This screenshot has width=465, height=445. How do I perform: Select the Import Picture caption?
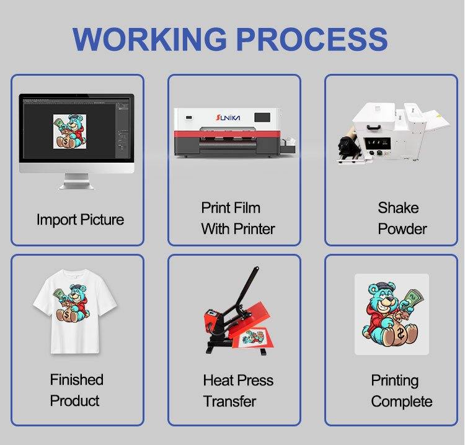click(80, 220)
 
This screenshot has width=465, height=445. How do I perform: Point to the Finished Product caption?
click(76, 390)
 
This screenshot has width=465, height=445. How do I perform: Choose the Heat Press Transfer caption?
click(238, 390)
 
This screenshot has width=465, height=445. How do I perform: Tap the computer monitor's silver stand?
click(76, 181)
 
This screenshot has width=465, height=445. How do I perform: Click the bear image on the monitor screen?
click(69, 131)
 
